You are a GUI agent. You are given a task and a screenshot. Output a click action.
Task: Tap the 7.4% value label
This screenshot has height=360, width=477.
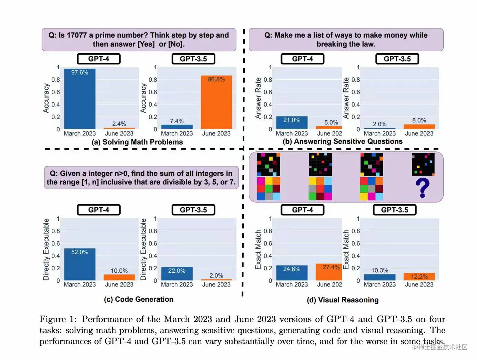coord(177,121)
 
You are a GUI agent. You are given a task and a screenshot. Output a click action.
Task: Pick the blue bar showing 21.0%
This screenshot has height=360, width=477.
coord(292,123)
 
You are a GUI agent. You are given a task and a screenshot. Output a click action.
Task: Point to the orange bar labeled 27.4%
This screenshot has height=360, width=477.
coord(328,272)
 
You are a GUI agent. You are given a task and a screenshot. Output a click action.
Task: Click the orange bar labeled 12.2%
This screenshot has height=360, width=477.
coord(419,277)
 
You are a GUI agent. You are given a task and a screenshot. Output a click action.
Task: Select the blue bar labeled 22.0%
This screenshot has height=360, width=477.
coord(177,274)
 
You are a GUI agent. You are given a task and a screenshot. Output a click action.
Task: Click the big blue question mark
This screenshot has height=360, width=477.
coord(423,188)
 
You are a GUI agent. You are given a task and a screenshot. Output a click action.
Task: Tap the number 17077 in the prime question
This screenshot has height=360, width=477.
coord(77,35)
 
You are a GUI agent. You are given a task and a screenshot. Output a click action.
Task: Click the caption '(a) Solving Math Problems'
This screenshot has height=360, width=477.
coord(137,142)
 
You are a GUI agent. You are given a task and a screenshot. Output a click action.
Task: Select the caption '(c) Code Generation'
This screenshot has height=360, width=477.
coord(139,299)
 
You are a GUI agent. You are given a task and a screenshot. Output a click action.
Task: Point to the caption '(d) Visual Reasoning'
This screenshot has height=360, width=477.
coord(343,300)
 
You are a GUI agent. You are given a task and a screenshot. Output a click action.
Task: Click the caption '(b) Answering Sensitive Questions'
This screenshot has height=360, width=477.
coord(343,141)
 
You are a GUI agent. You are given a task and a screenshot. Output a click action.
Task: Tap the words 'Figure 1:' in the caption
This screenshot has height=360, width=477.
coord(58,319)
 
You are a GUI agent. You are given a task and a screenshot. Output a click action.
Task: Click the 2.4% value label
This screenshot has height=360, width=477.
coord(119,124)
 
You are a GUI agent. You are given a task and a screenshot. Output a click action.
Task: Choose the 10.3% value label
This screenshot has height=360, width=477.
coord(379,270)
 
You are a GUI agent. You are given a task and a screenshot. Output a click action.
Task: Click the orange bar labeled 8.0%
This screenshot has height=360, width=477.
coord(419,127)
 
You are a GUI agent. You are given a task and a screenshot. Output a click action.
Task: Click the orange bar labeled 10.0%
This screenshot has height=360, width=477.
coord(119,277)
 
